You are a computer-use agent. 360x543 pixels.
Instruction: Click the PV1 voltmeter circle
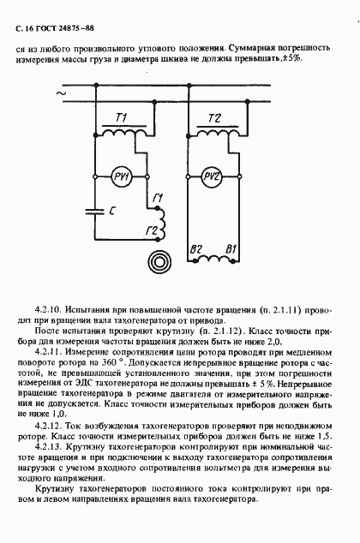coord(120,177)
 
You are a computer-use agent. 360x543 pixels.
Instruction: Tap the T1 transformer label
coord(121,116)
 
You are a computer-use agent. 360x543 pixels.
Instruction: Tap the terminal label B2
coord(195,249)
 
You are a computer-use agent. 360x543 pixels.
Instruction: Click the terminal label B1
coord(230,249)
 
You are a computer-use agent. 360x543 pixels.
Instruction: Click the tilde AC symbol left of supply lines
coord(61,93)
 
